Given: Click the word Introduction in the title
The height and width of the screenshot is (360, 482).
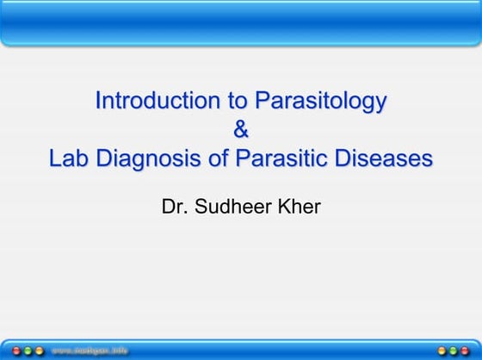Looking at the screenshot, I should pyautogui.click(x=159, y=102).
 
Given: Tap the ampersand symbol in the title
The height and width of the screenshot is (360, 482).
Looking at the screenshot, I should pyautogui.click(x=241, y=131).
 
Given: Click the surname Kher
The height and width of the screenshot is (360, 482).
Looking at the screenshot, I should pyautogui.click(x=299, y=208).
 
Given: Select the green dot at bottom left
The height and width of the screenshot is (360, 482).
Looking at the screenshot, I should pyautogui.click(x=27, y=351).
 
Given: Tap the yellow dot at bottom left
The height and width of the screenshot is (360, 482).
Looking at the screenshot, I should pyautogui.click(x=39, y=351).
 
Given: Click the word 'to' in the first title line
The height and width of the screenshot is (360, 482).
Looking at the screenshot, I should pyautogui.click(x=238, y=102).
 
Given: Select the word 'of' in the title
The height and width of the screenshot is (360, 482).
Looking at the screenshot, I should pyautogui.click(x=219, y=160).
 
